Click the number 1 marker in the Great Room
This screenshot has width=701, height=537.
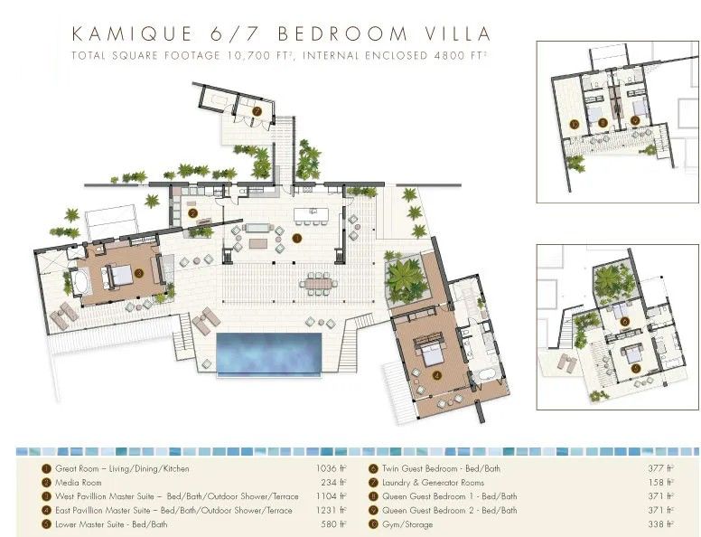coord(297,240)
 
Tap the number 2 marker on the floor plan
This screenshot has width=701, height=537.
coord(193,213)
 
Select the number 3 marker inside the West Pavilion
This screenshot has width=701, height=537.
coord(138,271)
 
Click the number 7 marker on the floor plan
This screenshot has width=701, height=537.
coord(257,111)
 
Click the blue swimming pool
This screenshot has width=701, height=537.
coord(269,353)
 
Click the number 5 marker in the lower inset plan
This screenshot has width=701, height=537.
coord(636,369)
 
